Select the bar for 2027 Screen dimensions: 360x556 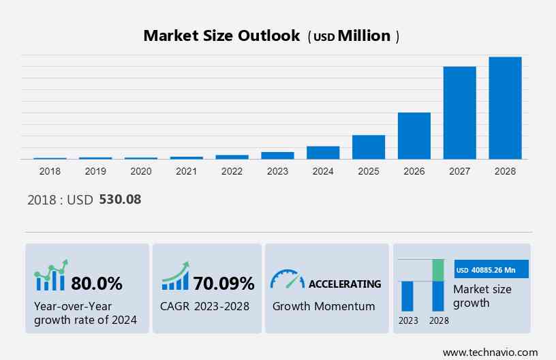pos(459,112)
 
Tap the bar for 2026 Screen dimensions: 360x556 pos(414,136)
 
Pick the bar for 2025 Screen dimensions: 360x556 pos(369,147)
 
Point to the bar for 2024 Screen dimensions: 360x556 pos(323,153)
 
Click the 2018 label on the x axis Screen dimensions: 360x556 pos(50,171)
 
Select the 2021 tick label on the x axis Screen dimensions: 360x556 pos(186,171)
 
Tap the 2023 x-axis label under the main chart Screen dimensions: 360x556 pos(277,171)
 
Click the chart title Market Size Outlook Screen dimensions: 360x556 pos(221,36)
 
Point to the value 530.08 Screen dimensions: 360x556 pos(120,200)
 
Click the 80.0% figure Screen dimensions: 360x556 pos(96,283)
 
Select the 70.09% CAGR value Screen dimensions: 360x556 pos(223,283)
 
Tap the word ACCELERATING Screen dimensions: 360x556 pos(345,284)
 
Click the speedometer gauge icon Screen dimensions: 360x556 pos(287,280)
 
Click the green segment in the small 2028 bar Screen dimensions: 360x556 pos(438,270)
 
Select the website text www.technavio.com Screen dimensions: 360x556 pos(490,352)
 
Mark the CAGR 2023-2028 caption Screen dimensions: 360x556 pos(205,306)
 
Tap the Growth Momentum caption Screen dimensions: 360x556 pos(324,306)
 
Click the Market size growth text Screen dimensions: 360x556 pos(482,296)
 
